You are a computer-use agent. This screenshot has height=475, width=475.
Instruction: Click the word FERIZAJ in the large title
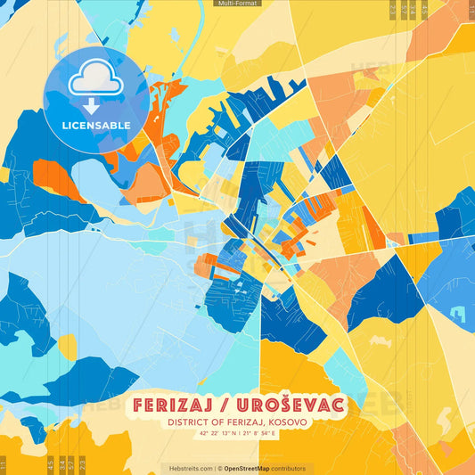[179, 405]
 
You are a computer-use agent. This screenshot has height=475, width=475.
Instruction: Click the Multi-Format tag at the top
[237, 4]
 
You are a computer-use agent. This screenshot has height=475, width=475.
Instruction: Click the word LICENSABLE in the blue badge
[96, 125]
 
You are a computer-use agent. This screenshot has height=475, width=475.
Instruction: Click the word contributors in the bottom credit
[291, 468]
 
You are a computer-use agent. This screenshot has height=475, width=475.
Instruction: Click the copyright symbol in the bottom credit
[219, 468]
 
